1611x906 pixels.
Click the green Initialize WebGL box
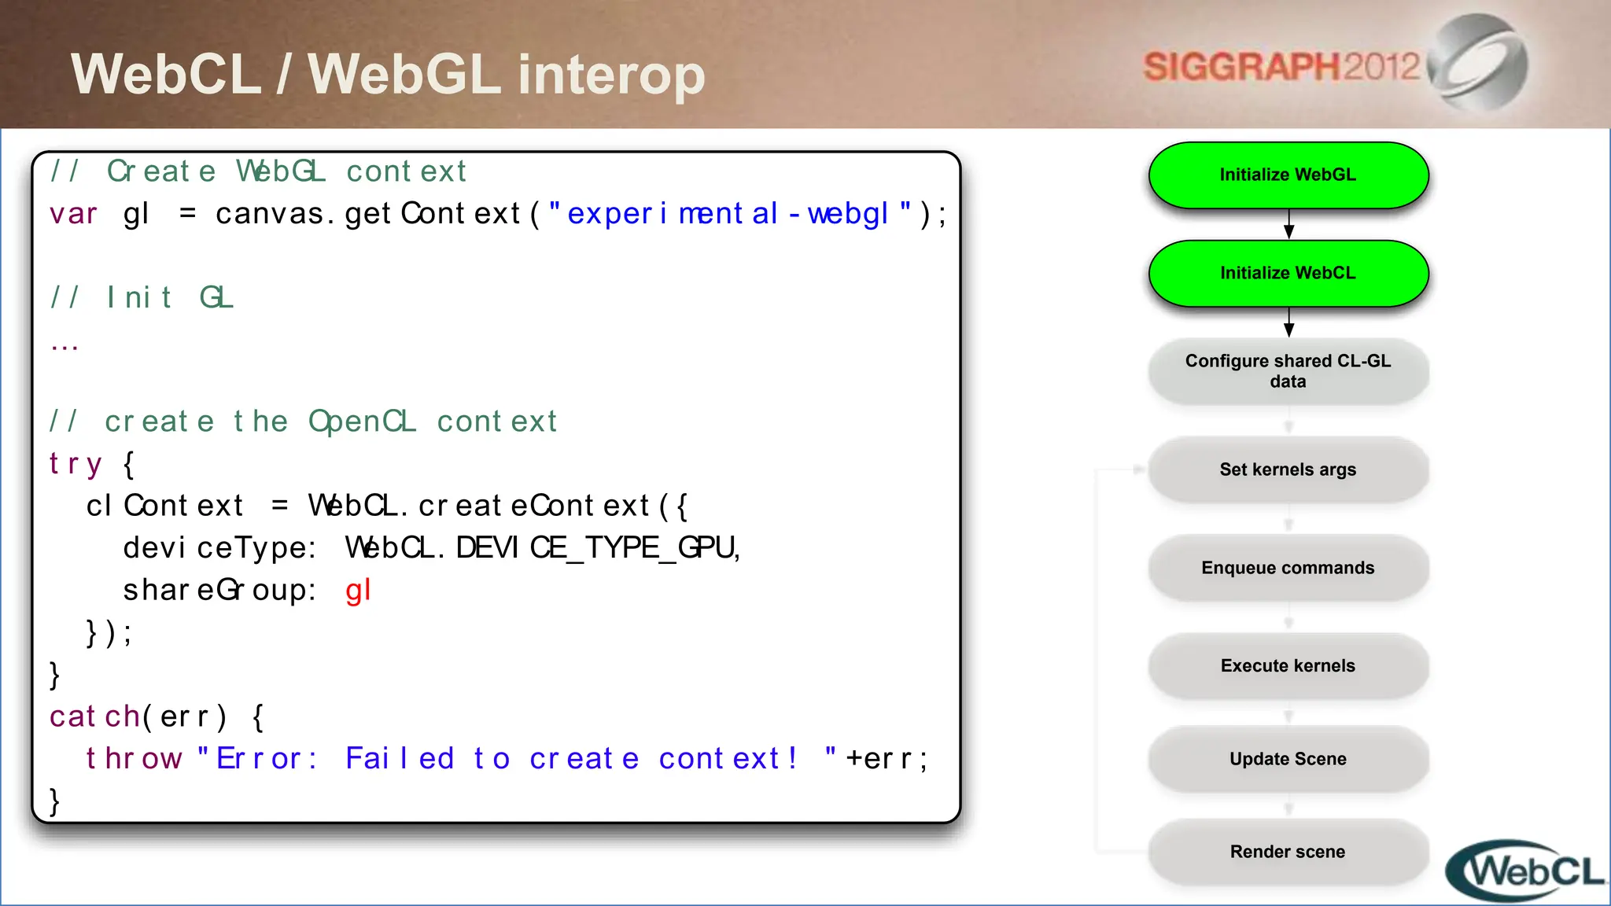coord(1288,175)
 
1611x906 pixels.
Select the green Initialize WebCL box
coord(1288,274)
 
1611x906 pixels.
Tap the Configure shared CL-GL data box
coord(1288,371)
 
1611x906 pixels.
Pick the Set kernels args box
coord(1288,470)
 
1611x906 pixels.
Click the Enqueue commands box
coord(1288,568)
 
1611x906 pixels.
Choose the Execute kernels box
coord(1288,666)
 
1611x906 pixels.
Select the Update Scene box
coord(1288,759)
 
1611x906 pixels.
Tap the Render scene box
coord(1288,852)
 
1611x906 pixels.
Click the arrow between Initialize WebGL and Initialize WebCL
coord(1288,224)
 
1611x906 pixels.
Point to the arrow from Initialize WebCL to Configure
coord(1288,322)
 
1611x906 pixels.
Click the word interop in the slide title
coord(611,75)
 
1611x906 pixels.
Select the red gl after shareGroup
coord(358,591)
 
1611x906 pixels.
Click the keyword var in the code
coord(73,214)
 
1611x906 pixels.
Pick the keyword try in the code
coord(76,464)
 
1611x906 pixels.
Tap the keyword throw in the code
coord(134,759)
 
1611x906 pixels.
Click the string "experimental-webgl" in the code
coord(729,214)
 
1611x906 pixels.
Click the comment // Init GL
coord(142,298)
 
